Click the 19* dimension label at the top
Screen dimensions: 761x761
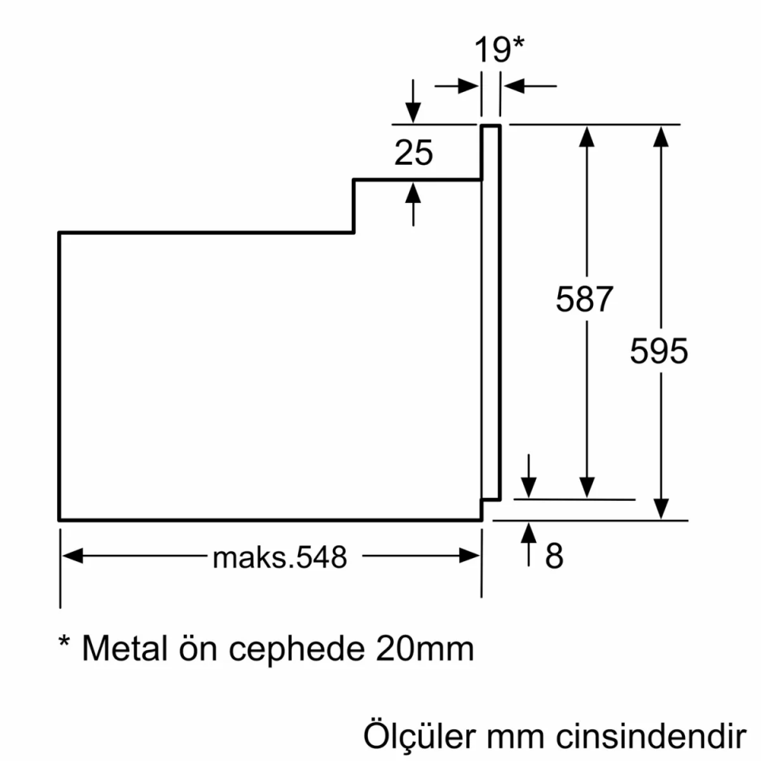click(499, 50)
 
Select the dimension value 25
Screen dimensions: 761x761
click(414, 153)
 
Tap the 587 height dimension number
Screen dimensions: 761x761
click(585, 300)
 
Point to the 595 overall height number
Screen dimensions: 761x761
click(659, 350)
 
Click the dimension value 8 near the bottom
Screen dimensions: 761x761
click(554, 556)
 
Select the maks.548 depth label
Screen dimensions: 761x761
click(279, 557)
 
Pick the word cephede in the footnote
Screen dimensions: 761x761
click(300, 649)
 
